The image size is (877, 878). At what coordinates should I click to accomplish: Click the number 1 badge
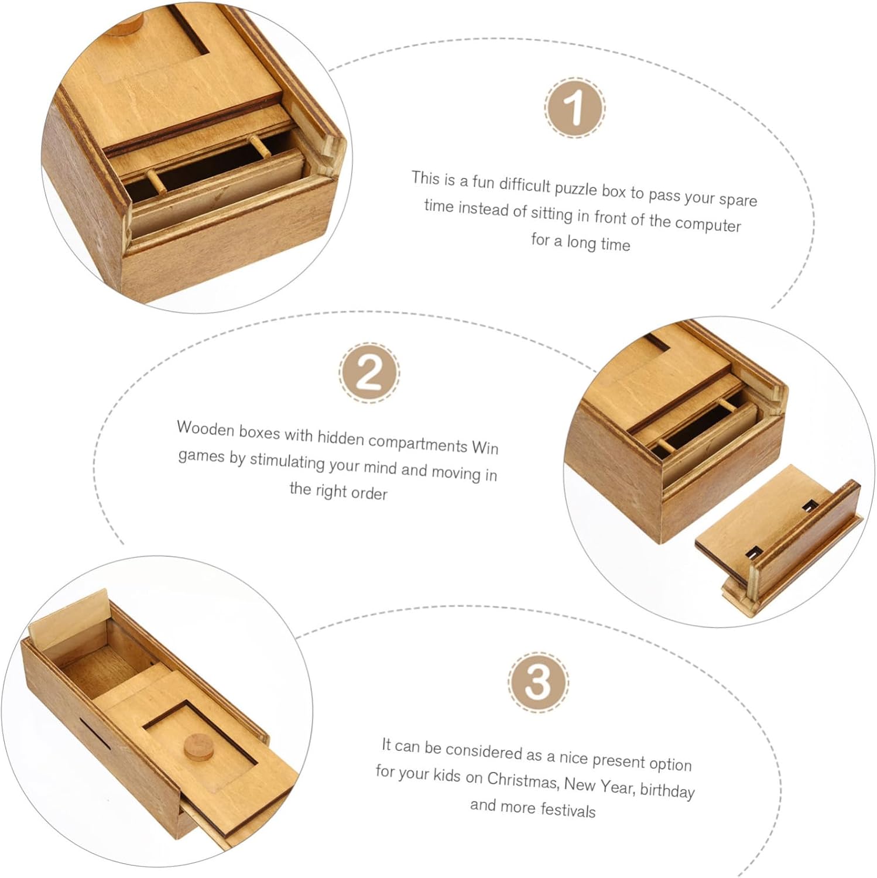(575, 108)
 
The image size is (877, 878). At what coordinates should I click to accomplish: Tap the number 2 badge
(369, 373)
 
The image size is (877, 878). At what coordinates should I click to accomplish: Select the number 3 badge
(537, 682)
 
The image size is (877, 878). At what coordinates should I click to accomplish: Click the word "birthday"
(667, 790)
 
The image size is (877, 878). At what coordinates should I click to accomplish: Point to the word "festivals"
(568, 810)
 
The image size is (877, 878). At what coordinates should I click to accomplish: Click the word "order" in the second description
(369, 493)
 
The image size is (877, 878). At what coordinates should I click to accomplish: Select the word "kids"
(447, 775)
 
